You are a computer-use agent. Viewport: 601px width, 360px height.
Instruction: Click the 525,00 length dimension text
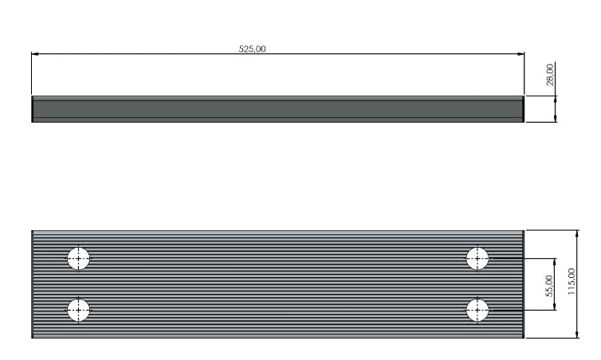[x=253, y=49]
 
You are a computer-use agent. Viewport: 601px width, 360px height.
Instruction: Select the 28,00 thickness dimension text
[x=550, y=74]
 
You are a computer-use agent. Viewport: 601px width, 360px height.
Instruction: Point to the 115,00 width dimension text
[x=571, y=281]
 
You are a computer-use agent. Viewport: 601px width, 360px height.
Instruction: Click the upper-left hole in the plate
[x=78, y=259]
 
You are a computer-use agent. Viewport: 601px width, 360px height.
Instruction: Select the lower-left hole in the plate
[x=78, y=310]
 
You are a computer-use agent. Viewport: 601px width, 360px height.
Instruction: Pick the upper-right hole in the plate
[x=477, y=259]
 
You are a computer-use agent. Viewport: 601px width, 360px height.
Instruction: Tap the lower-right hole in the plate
[x=477, y=310]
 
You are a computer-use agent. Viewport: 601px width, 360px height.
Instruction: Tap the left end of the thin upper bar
[x=33, y=109]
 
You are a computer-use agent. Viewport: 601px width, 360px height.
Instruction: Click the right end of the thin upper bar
[x=523, y=109]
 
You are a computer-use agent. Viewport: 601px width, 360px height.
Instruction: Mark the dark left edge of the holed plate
[x=33, y=284]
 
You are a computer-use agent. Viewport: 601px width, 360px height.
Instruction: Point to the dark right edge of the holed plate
[x=523, y=284]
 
